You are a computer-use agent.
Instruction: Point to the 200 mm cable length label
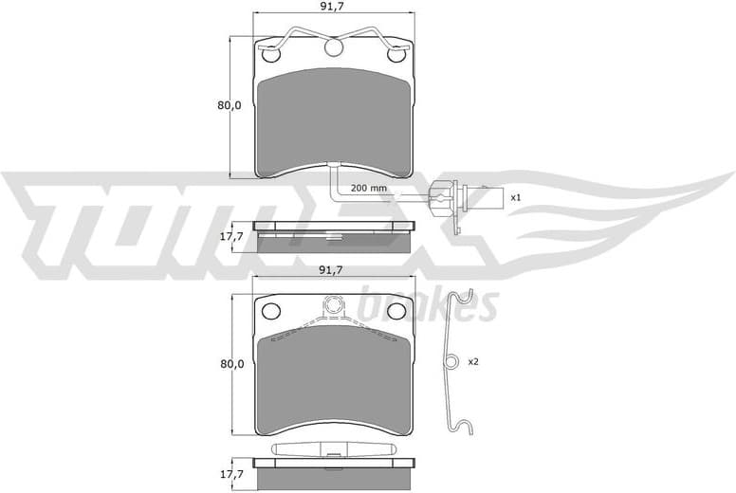368,188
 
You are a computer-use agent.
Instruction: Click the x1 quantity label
516,198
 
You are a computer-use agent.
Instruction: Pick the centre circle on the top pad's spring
333,46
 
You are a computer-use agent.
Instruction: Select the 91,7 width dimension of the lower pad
330,270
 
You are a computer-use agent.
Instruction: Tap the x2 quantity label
473,361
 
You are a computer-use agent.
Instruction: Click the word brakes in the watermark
430,306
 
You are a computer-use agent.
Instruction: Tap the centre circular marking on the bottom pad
333,304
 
